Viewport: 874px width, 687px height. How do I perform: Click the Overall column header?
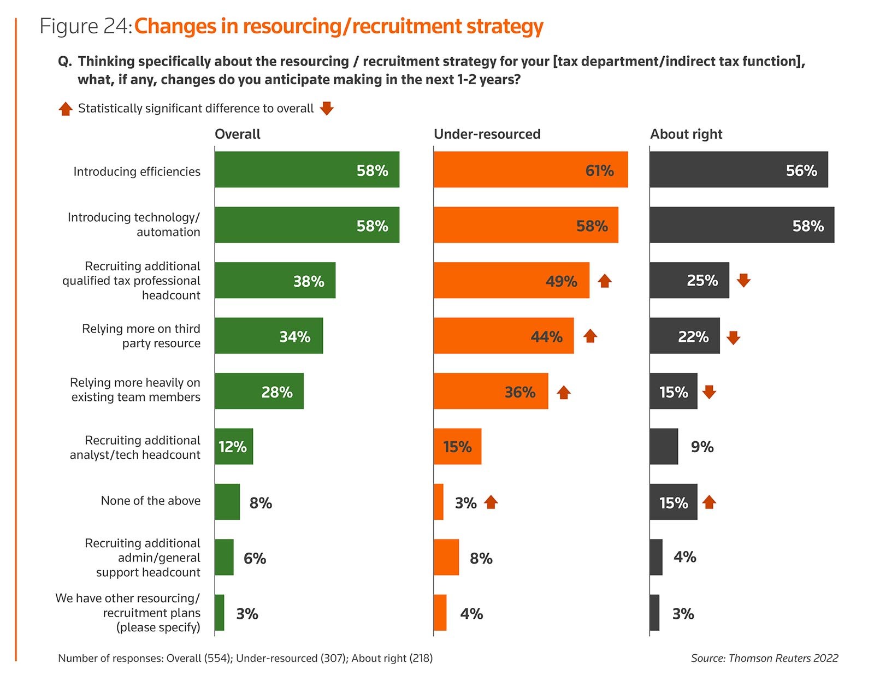(x=238, y=134)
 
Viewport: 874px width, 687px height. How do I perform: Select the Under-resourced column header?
(x=487, y=134)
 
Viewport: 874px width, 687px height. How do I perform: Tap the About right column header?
(x=686, y=134)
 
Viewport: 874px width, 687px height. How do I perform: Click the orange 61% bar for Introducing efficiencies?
(x=530, y=170)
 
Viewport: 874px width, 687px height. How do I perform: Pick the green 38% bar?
(x=275, y=280)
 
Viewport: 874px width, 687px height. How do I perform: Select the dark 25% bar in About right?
(x=689, y=280)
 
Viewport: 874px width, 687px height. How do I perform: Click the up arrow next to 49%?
(x=604, y=281)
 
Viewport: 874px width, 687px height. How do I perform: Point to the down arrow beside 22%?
(x=733, y=337)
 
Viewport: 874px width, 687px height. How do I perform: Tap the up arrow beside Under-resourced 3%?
(x=491, y=502)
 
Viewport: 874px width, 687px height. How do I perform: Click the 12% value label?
(x=233, y=447)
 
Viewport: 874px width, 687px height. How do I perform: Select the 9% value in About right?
(x=702, y=447)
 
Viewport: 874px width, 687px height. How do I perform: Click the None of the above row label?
(x=150, y=501)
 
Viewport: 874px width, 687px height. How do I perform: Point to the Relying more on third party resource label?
(x=141, y=336)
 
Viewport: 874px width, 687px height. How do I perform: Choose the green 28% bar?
(x=259, y=391)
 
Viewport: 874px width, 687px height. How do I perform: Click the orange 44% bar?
(x=503, y=336)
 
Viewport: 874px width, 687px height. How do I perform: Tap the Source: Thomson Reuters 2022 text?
(x=764, y=658)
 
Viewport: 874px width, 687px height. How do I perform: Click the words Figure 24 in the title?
(x=85, y=26)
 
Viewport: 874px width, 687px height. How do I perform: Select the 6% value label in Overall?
(x=255, y=558)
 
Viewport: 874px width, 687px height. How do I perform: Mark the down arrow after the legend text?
(x=327, y=108)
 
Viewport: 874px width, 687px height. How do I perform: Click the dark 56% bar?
(x=739, y=170)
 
